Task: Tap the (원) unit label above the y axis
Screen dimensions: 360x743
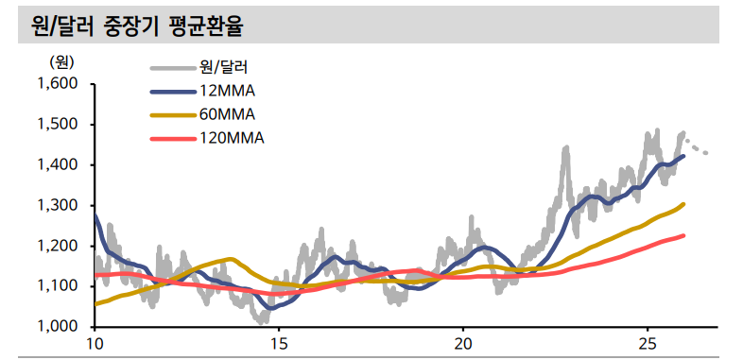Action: pyautogui.click(x=61, y=62)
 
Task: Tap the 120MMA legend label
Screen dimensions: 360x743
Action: pyautogui.click(x=233, y=138)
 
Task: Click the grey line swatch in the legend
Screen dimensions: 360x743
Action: pyautogui.click(x=171, y=67)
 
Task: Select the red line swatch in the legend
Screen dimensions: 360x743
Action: pyautogui.click(x=171, y=138)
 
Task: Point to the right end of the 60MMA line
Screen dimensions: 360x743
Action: pyautogui.click(x=683, y=204)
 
